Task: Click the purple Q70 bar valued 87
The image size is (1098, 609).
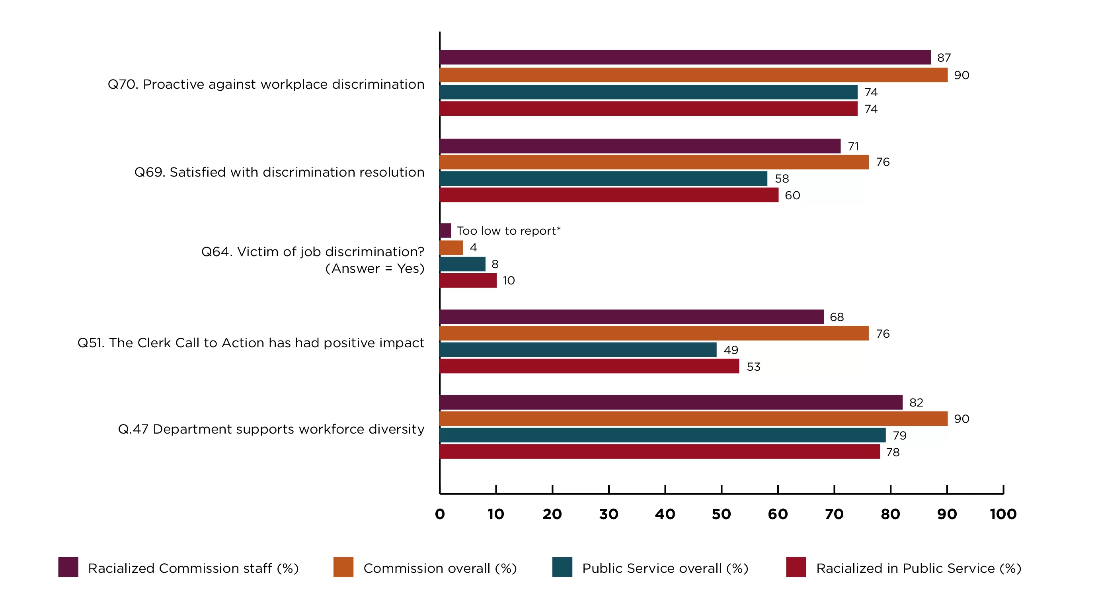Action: tap(685, 57)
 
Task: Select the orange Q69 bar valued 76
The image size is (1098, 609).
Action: tap(654, 162)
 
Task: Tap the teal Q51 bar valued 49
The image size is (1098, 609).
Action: tap(578, 350)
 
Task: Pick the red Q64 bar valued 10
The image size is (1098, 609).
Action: tap(468, 280)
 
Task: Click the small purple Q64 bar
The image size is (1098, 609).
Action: tap(445, 231)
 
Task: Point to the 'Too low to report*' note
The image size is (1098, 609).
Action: tap(509, 231)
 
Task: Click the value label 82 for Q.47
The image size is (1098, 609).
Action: tap(916, 402)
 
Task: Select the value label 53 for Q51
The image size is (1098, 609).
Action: tap(753, 366)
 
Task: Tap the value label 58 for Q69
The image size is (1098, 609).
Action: tap(782, 179)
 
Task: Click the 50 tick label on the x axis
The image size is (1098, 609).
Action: tap(721, 514)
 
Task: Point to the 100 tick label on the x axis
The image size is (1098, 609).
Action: tap(1003, 514)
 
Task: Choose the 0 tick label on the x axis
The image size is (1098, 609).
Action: tap(440, 514)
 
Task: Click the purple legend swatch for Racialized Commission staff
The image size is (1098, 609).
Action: tap(68, 567)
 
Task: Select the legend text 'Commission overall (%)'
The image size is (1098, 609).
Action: tap(440, 568)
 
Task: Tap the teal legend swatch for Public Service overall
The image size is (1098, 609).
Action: tap(562, 567)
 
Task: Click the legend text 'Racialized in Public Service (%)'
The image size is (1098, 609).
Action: tap(919, 568)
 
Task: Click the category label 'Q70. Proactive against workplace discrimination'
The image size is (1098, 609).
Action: tap(266, 84)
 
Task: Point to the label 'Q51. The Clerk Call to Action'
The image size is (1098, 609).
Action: tap(251, 342)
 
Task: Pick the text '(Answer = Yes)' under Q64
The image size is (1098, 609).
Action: tap(374, 269)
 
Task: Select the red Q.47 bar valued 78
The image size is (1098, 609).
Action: tap(659, 452)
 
